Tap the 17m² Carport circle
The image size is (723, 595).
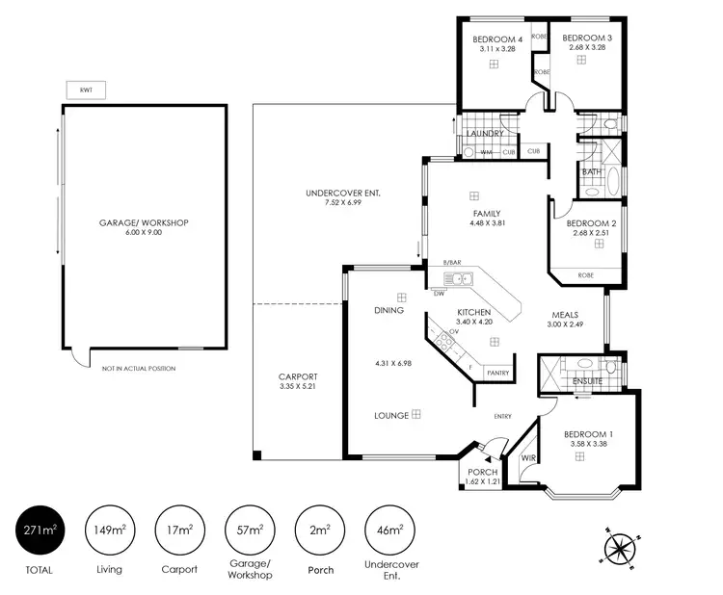click(x=179, y=530)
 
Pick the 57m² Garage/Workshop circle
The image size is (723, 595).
click(x=250, y=530)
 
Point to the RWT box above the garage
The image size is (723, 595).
click(x=86, y=90)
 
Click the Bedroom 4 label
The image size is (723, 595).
click(x=493, y=39)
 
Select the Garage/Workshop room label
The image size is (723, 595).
click(x=144, y=222)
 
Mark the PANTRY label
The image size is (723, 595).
click(x=497, y=372)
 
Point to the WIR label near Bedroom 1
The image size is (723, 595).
click(x=527, y=458)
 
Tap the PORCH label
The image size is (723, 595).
click(x=482, y=472)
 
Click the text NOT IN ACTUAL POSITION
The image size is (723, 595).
click(x=139, y=369)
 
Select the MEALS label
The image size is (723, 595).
click(x=565, y=315)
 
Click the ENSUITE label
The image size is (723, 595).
click(x=587, y=381)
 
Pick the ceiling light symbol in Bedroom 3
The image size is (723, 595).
click(x=581, y=61)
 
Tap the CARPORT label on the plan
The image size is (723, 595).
click(x=298, y=376)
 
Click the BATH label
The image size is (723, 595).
click(x=591, y=172)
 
